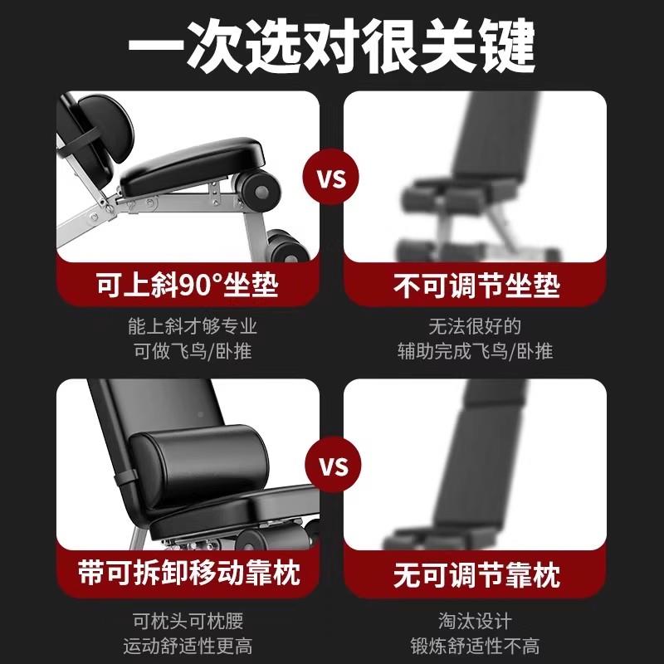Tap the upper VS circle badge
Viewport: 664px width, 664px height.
coord(332,178)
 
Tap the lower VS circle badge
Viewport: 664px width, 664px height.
coord(332,466)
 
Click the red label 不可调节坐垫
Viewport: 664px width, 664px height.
coord(476,286)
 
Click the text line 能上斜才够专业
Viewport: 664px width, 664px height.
coord(187,325)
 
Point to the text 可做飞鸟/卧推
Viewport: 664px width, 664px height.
coord(187,351)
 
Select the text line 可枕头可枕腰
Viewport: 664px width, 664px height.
coord(187,620)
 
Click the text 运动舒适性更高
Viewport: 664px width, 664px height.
coord(187,646)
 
